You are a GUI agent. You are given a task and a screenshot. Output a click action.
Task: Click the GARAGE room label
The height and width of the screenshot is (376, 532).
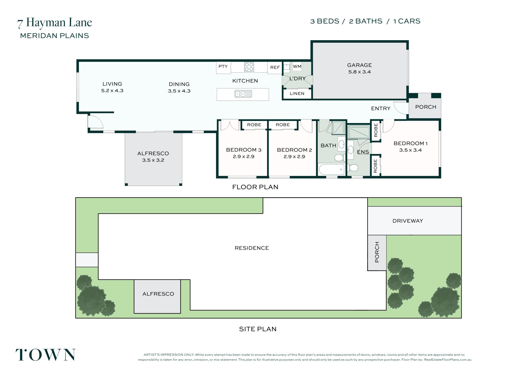pyautogui.click(x=359, y=65)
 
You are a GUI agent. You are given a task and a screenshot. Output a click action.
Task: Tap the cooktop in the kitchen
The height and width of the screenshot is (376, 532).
pyautogui.click(x=249, y=67)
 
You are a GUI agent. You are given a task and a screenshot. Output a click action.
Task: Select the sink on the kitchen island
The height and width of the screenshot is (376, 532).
pyautogui.click(x=243, y=94)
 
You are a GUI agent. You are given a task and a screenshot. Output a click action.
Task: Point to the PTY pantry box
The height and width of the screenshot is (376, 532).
pyautogui.click(x=223, y=67)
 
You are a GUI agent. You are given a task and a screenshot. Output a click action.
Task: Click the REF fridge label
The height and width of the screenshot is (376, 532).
pyautogui.click(x=275, y=67)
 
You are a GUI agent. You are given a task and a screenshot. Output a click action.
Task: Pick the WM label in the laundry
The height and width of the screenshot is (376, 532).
pyautogui.click(x=297, y=66)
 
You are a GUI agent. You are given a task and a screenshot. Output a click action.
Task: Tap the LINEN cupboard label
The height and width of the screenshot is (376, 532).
pyautogui.click(x=297, y=94)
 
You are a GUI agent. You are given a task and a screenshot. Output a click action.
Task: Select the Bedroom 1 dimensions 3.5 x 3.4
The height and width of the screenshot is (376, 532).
pyautogui.click(x=410, y=150)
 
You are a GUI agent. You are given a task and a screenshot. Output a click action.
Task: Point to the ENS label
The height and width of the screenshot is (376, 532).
pyautogui.click(x=363, y=152)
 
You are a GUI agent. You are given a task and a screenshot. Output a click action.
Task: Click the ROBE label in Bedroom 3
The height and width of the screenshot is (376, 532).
pyautogui.click(x=254, y=125)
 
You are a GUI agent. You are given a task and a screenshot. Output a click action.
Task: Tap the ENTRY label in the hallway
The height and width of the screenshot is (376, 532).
pyautogui.click(x=381, y=108)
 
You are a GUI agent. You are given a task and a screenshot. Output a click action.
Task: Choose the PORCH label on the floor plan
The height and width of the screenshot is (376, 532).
pyautogui.click(x=426, y=107)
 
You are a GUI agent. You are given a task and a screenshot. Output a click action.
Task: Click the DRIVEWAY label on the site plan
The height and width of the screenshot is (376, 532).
pyautogui.click(x=408, y=221)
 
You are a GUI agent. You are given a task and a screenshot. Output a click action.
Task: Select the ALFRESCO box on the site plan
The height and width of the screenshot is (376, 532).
pyautogui.click(x=157, y=296)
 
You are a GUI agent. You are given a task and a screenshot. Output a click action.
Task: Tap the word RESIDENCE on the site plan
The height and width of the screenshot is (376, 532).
pyautogui.click(x=252, y=248)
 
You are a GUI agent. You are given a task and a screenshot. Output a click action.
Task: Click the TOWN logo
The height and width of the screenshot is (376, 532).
pyautogui.click(x=45, y=355)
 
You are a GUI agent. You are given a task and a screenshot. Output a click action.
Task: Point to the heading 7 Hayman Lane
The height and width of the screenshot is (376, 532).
pyautogui.click(x=55, y=23)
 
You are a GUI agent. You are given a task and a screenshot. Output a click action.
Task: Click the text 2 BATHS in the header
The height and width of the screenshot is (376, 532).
pyautogui.click(x=365, y=21)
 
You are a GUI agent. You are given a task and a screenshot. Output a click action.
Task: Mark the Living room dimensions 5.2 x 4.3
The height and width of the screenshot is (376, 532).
pyautogui.click(x=112, y=91)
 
